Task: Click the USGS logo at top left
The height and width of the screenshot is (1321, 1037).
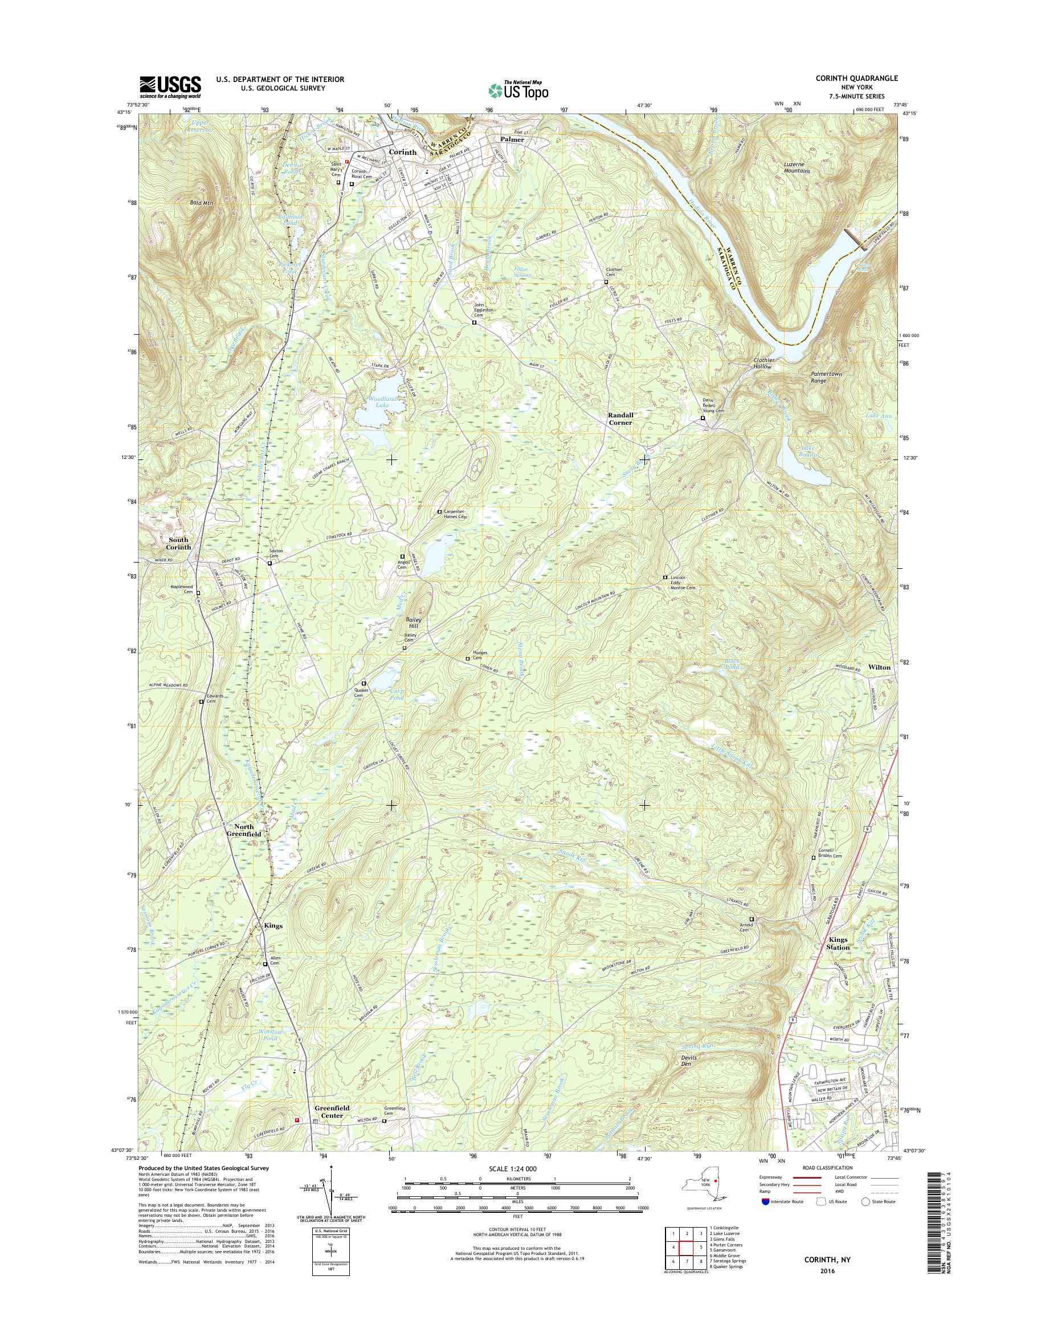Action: click(x=170, y=87)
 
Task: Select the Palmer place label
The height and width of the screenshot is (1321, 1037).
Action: click(x=512, y=139)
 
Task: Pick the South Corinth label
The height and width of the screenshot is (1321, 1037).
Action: click(x=179, y=543)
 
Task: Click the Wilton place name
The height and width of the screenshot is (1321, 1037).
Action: click(x=879, y=667)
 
